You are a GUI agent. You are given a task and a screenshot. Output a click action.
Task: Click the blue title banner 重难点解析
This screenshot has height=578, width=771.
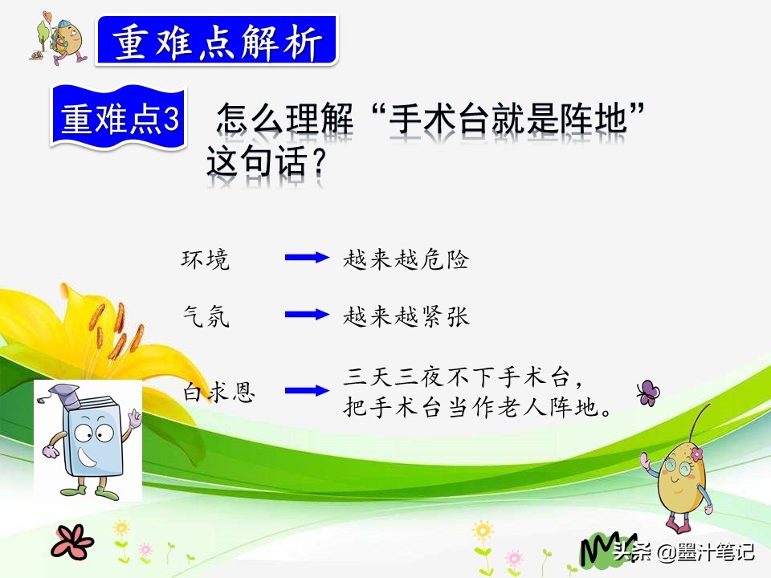click(216, 41)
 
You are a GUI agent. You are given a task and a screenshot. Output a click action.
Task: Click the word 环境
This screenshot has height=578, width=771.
click(206, 259)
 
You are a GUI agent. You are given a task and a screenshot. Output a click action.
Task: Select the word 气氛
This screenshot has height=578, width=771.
click(206, 316)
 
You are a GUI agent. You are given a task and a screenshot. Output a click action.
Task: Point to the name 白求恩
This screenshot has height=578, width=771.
click(218, 393)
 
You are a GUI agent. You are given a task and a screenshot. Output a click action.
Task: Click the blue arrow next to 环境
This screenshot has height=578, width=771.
click(307, 257)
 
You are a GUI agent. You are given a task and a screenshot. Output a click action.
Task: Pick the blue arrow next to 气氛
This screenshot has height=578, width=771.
click(307, 314)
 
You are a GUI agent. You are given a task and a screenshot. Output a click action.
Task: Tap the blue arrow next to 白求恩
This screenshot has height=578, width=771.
click(307, 391)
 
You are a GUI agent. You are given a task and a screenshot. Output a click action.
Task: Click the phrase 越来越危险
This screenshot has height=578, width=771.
click(406, 259)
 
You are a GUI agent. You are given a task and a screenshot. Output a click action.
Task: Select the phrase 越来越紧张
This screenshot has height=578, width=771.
click(406, 316)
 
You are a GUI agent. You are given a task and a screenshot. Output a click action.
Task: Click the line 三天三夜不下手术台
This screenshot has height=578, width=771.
click(457, 377)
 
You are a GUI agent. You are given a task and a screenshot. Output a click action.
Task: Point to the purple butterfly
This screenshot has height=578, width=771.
click(649, 393)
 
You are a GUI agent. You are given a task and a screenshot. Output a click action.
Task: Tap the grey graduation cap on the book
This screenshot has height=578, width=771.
click(65, 395)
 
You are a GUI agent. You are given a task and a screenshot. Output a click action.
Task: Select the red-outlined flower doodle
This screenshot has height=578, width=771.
click(72, 542)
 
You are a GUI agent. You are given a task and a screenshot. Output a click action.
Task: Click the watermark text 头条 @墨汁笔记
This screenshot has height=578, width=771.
click(683, 552)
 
